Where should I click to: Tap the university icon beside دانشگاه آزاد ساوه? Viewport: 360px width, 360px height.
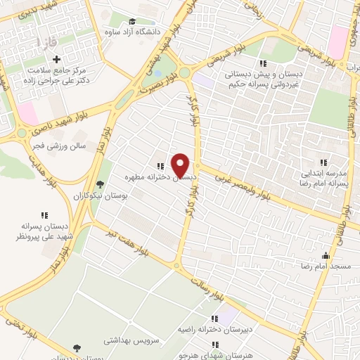coord(134,21)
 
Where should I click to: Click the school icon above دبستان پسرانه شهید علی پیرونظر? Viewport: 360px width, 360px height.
coord(44,215)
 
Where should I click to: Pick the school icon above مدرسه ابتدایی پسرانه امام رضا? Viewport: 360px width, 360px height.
coord(324,161)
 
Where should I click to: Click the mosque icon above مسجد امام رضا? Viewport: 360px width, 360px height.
coord(325,255)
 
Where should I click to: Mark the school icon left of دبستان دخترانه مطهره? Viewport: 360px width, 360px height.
coord(160,167)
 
